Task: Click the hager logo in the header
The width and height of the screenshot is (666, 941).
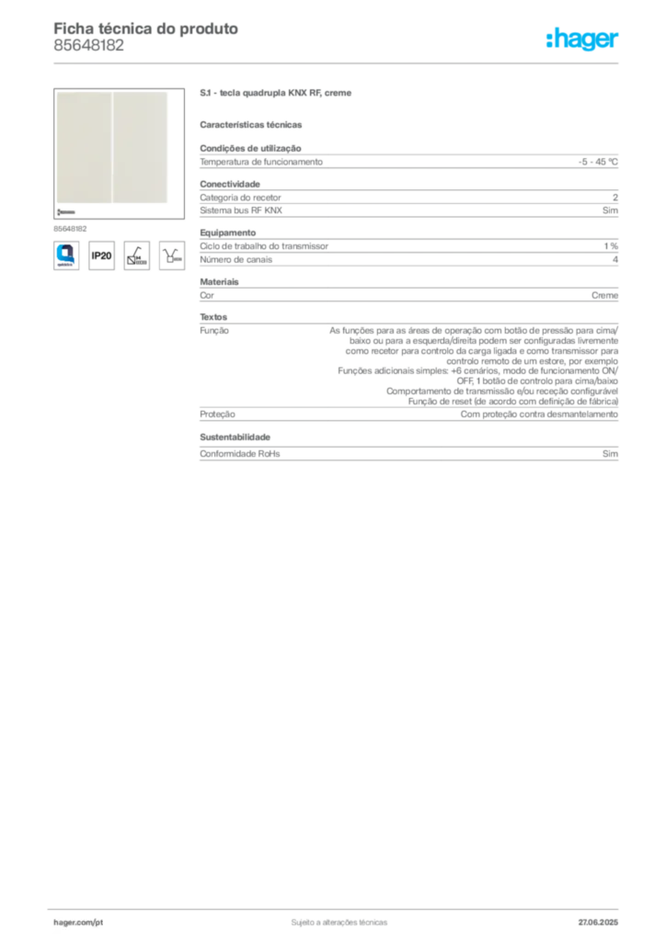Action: [581, 40]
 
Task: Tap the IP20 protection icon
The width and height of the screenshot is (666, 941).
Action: [101, 255]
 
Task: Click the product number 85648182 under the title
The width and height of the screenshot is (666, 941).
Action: [89, 46]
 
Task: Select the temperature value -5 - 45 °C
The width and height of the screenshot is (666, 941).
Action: [598, 162]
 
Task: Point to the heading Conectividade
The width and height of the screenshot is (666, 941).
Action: [230, 184]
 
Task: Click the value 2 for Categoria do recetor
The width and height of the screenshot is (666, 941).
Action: [615, 198]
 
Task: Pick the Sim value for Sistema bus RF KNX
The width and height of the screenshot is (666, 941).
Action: [610, 210]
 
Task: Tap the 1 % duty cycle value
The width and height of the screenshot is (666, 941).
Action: [611, 246]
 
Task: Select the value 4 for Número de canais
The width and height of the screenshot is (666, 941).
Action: [615, 260]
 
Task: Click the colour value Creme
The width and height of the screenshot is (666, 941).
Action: [604, 295]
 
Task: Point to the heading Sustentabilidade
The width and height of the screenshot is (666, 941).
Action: [235, 437]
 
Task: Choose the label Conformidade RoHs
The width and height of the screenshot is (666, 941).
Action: [239, 454]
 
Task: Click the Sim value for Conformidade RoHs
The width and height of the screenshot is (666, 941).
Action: [610, 454]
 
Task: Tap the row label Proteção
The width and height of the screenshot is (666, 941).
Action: [217, 414]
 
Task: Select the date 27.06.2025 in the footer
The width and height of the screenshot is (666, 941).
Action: [598, 923]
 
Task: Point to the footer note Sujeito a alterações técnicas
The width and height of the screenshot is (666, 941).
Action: [339, 923]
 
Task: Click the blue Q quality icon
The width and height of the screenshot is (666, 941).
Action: [66, 255]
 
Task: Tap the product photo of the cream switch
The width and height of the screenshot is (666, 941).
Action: [119, 153]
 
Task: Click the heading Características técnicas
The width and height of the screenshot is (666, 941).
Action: [251, 125]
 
